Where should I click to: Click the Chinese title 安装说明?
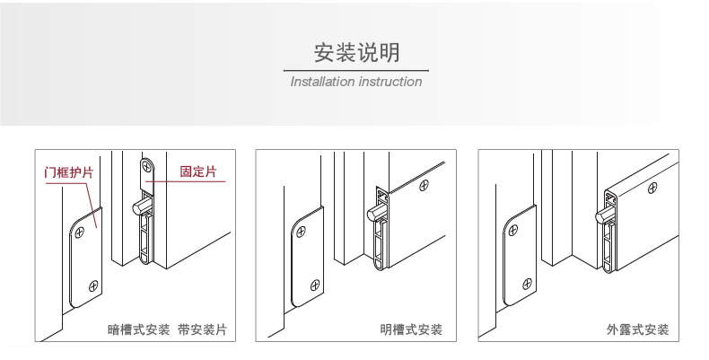click(x=356, y=51)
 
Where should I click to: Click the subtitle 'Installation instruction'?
click(x=356, y=82)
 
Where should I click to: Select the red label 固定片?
click(x=197, y=171)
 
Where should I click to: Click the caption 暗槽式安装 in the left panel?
click(x=138, y=330)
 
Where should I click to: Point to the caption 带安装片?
click(x=202, y=330)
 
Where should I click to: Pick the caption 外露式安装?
click(x=637, y=330)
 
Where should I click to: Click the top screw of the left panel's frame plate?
click(x=82, y=231)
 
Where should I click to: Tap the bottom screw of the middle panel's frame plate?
click(x=315, y=286)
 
